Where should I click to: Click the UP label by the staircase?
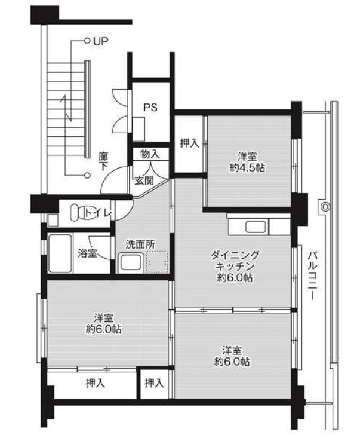pos(101,41)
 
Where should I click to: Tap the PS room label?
pos(150,108)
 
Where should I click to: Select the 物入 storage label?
pos(150,154)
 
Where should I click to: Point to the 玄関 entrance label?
pos(144,180)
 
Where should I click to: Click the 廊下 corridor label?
pos(103,162)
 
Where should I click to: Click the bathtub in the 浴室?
pos(60,253)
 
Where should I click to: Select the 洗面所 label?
pos(140,244)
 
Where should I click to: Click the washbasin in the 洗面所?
pos(131,262)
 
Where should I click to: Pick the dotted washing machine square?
pos(157,262)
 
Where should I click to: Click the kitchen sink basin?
pos(256,227)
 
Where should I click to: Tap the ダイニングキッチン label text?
pos(235,261)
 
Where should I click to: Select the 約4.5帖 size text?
pos(247,168)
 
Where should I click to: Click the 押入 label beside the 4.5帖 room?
pos(189,143)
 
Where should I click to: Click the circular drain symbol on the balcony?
pos(325,207)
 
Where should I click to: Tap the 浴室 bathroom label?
pos(87,253)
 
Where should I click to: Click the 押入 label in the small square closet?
pos(154,383)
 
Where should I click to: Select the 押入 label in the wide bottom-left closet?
pos(96,383)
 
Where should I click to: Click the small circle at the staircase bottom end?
pos(87,176)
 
